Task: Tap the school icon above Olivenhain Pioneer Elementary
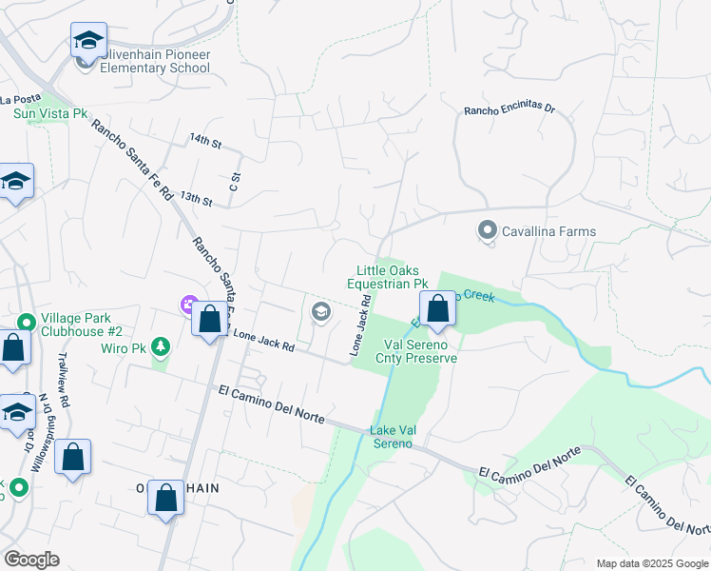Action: [x=88, y=41]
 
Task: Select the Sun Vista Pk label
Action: [x=49, y=112]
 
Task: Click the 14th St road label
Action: [x=204, y=141]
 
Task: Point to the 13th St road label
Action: [x=196, y=198]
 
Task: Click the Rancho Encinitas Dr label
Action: [x=509, y=109]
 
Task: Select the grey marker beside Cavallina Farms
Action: [x=488, y=230]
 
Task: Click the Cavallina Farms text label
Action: [x=549, y=231]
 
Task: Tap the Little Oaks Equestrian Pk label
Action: [x=387, y=277]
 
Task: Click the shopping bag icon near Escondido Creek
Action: [x=437, y=309]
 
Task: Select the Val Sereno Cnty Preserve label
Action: [x=420, y=351]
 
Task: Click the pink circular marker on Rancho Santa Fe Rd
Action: [x=188, y=305]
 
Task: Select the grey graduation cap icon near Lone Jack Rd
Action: [x=321, y=311]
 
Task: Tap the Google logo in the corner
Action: [x=31, y=560]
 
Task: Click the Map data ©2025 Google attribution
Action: [x=651, y=563]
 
